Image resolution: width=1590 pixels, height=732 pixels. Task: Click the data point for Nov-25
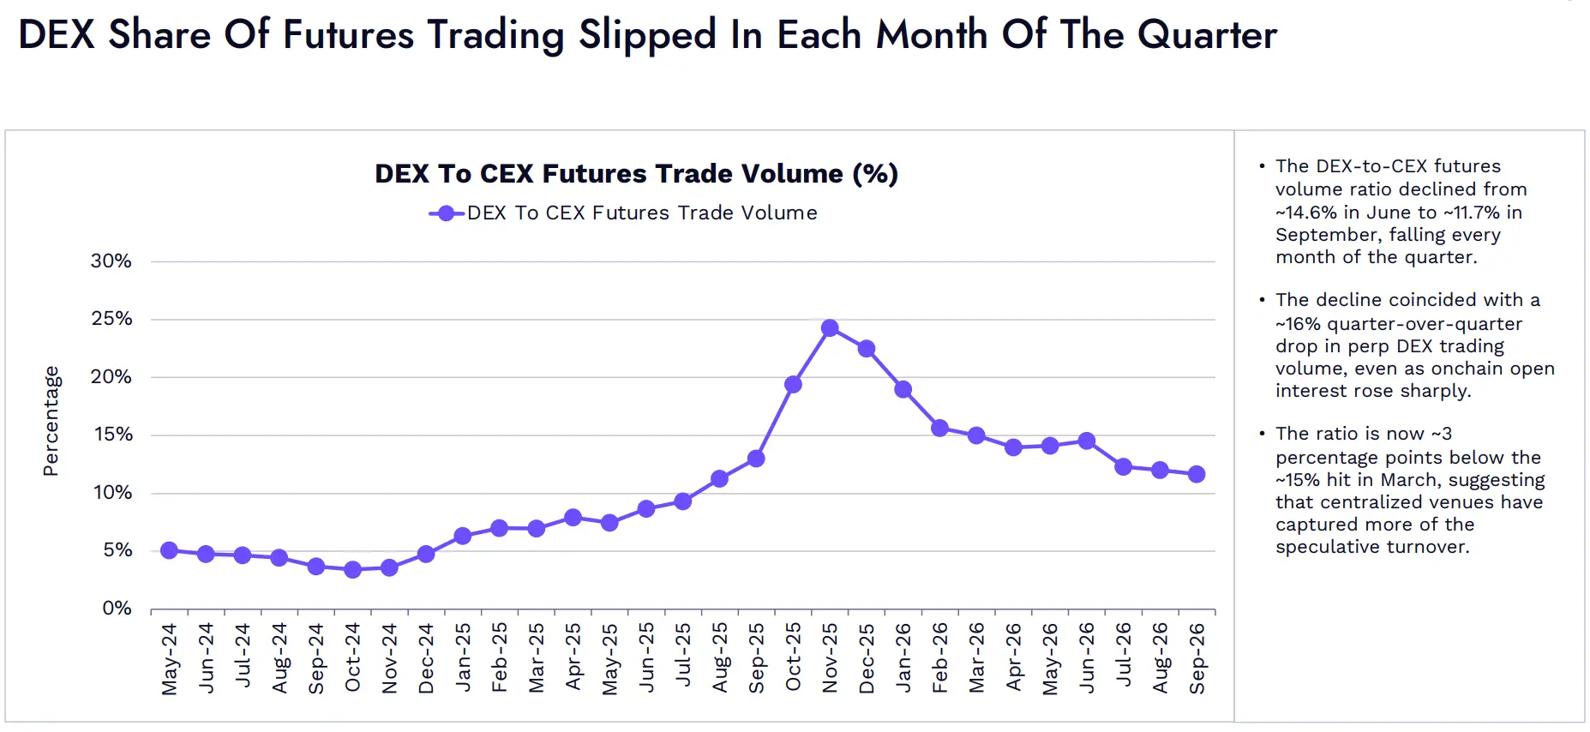pos(830,328)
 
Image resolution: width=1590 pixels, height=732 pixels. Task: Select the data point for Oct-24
pos(352,569)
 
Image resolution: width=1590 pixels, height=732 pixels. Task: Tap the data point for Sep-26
pos(1197,474)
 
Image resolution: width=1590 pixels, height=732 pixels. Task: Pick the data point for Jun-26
pos(1087,441)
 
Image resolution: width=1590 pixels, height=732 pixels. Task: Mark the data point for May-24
pos(169,550)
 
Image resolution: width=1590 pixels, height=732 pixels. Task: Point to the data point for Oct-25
pos(793,385)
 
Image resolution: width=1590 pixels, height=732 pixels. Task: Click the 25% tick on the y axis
pos(111,319)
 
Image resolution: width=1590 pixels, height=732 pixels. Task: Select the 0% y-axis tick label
pos(117,609)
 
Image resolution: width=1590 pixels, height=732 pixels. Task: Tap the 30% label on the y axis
pos(111,261)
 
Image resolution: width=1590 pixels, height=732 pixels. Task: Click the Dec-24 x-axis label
pos(426,658)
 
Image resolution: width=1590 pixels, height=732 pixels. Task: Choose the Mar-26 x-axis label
pos(976,657)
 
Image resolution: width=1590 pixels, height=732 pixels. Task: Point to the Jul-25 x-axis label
pos(683,655)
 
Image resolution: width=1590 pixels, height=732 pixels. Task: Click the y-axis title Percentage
pos(51,421)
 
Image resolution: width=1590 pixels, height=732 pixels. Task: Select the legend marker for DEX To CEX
pos(447,213)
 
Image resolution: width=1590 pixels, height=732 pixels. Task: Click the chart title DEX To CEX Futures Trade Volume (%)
pos(637,174)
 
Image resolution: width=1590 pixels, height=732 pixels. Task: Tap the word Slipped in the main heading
pos(647,36)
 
